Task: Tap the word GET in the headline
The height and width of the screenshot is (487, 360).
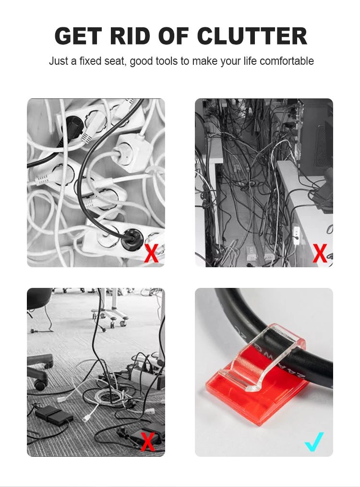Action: [x=79, y=36]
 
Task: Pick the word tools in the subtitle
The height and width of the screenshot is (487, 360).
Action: [x=167, y=61]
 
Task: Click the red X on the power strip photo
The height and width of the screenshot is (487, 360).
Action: [x=151, y=253]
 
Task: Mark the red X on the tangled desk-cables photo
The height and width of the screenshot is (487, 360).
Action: [x=320, y=253]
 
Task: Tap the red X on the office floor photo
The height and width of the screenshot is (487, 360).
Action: [x=148, y=442]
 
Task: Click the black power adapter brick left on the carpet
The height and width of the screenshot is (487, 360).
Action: [x=51, y=414]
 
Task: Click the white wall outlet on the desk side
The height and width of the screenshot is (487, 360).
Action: [x=296, y=235]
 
